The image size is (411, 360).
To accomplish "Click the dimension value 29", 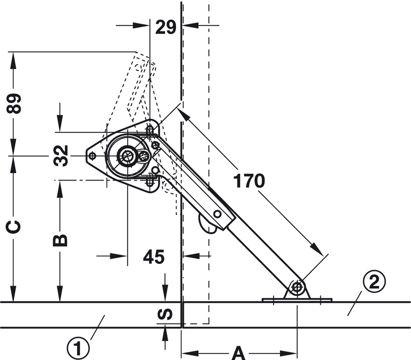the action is tap(166, 28).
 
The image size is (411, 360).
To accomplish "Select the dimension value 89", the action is tap(14, 104).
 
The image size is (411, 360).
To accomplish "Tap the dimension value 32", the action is tap(61, 156).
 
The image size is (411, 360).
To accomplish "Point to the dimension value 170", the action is tap(249, 181).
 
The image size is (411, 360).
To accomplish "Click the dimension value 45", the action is tap(154, 256).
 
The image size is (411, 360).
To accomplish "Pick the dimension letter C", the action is tap(13, 227).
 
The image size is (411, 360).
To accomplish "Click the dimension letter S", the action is tap(166, 314).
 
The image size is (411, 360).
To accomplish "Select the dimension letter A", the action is tap(239, 353).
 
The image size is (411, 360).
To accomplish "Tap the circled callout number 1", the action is tap(78, 349).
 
